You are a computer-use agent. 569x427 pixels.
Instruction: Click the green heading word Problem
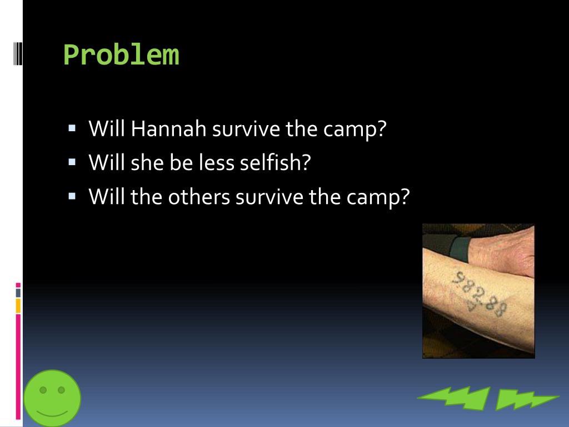pyautogui.click(x=121, y=55)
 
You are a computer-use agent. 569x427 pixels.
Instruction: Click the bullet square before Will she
pyautogui.click(x=72, y=162)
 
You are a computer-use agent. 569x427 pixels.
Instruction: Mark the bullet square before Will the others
pyautogui.click(x=72, y=196)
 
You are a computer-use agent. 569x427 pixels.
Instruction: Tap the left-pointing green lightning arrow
pyautogui.click(x=453, y=398)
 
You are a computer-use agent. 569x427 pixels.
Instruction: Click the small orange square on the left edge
pyautogui.click(x=18, y=305)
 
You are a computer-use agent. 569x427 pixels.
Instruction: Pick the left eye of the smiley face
pyautogui.click(x=43, y=390)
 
